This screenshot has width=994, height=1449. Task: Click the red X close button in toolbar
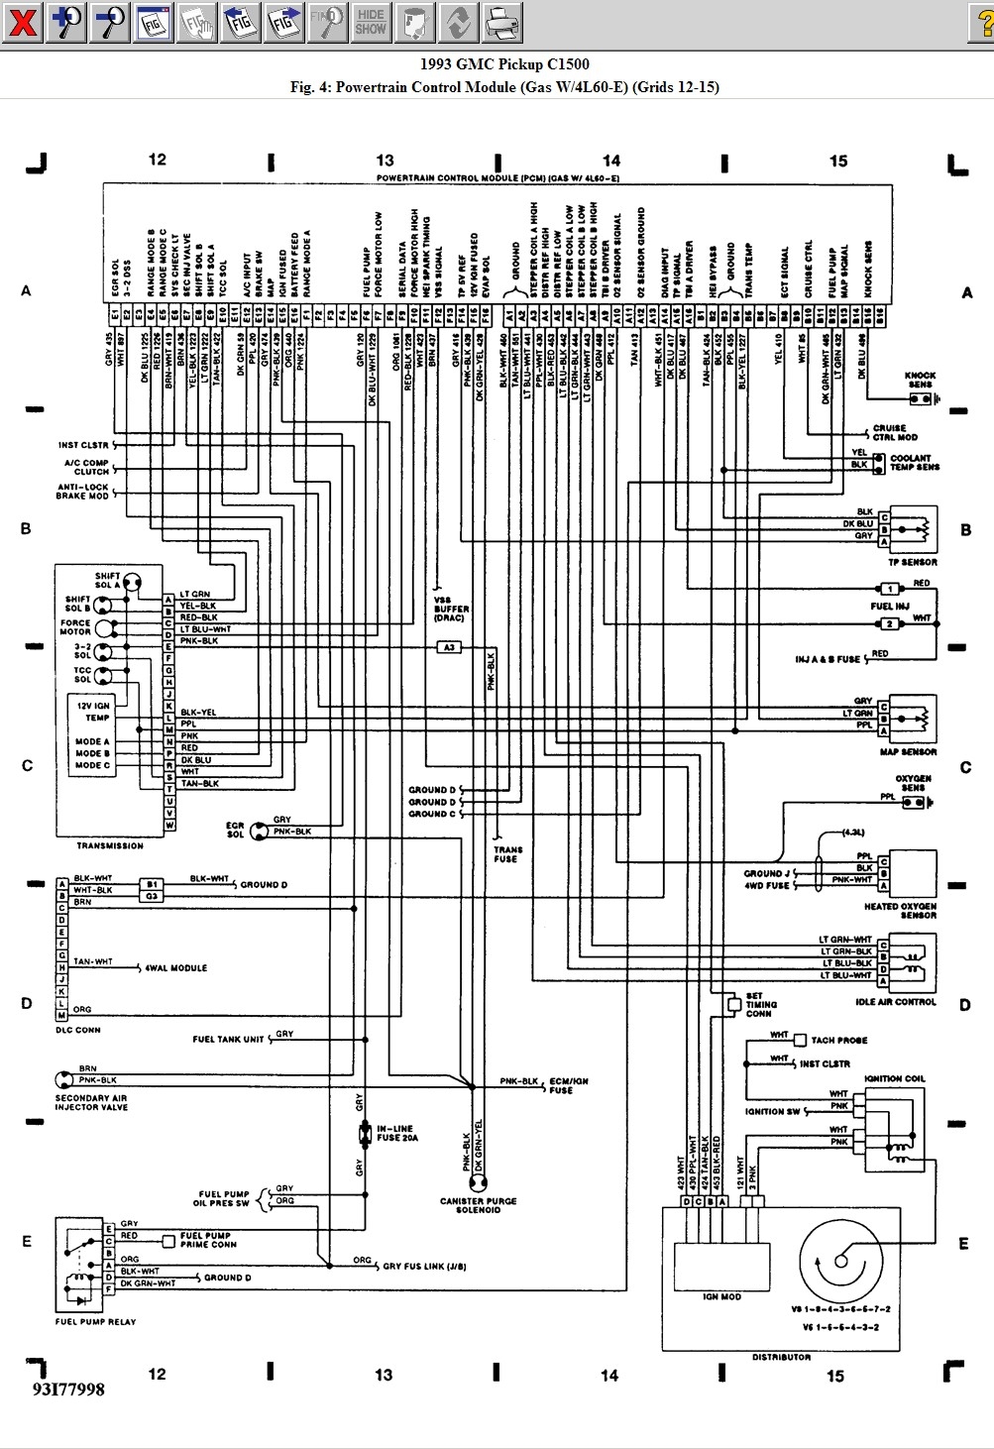click(22, 21)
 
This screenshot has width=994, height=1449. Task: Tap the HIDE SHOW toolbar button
click(371, 21)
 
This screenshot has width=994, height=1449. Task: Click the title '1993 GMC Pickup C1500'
click(504, 64)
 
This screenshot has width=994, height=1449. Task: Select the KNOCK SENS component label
click(920, 380)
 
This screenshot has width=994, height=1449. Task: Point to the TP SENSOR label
click(913, 562)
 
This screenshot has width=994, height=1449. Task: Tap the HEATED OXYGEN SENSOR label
click(899, 911)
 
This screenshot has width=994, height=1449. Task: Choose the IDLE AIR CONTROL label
click(895, 1002)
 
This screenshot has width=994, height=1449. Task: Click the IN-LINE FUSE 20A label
click(397, 1133)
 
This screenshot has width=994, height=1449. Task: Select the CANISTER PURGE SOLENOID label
click(479, 1205)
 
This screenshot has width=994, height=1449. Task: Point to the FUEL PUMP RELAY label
click(96, 1321)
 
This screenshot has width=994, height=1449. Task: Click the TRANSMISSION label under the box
click(110, 845)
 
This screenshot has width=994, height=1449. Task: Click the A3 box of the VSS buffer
click(449, 647)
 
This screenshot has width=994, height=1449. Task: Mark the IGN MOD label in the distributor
click(721, 1296)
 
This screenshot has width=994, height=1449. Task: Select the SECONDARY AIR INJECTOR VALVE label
click(91, 1102)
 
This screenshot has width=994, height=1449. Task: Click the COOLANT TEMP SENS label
click(914, 463)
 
